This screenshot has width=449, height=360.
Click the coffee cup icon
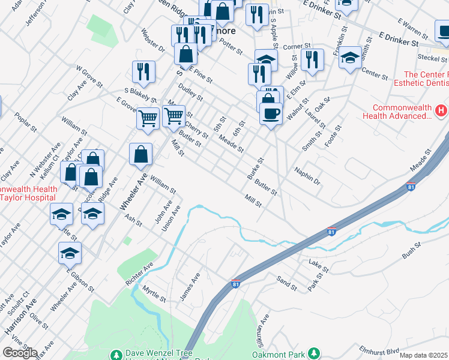click(x=271, y=113)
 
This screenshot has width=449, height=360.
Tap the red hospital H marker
click(x=441, y=110)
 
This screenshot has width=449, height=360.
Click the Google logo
click(x=20, y=353)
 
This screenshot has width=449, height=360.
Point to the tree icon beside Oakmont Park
click(x=312, y=353)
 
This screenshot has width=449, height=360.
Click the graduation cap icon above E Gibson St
click(x=70, y=253)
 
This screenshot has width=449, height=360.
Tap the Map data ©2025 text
click(x=423, y=355)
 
